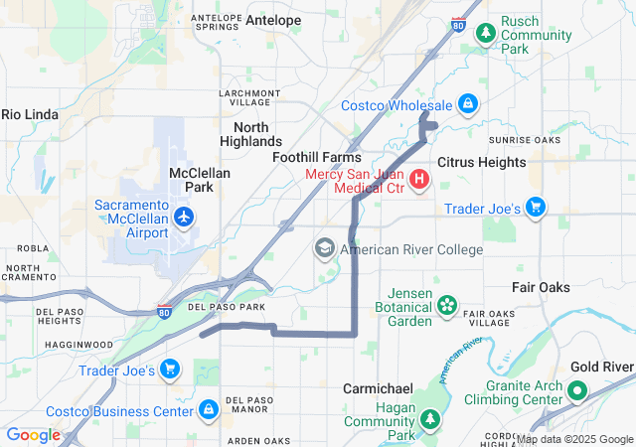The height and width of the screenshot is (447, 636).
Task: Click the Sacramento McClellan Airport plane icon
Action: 183,216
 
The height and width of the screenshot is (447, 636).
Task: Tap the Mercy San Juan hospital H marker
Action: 419,180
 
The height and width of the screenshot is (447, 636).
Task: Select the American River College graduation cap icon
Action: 325,248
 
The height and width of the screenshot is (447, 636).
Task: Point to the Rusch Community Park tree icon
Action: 485,35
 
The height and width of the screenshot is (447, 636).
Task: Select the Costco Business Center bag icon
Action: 208,409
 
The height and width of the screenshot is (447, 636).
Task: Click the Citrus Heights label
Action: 481,162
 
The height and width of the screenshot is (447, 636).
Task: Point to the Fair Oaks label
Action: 541,287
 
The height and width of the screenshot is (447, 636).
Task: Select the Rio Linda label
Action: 30,114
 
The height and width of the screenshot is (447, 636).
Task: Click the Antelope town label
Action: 273,20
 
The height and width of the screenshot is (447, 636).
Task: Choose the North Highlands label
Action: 257,134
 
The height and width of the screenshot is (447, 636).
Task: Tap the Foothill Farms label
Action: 317,157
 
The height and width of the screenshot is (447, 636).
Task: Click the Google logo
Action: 33,435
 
